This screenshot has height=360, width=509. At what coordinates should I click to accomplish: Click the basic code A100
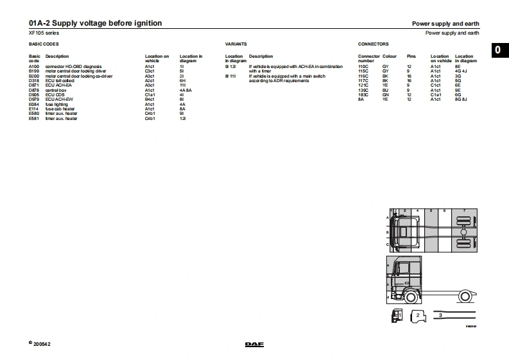(x=34, y=66)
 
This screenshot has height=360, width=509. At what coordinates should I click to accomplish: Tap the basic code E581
(x=34, y=119)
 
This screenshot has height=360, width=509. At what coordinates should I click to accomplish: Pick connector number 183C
(x=363, y=95)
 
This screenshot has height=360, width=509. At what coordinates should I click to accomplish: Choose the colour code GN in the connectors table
(x=385, y=95)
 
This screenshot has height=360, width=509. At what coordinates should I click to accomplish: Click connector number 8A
(x=361, y=99)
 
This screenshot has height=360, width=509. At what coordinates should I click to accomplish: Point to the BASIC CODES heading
(x=44, y=45)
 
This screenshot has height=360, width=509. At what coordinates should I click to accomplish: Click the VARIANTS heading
(x=236, y=45)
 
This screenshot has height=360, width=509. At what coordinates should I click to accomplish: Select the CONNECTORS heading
(x=373, y=45)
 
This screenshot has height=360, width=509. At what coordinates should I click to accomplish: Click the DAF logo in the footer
(x=254, y=345)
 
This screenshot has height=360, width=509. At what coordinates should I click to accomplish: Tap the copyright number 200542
(x=42, y=344)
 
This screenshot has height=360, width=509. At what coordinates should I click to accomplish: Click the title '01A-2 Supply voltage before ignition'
(x=96, y=24)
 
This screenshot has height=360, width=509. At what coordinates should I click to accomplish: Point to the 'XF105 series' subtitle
(x=44, y=32)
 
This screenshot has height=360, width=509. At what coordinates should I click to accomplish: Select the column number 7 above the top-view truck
(x=464, y=210)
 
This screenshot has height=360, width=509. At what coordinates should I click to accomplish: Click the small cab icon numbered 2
(x=418, y=316)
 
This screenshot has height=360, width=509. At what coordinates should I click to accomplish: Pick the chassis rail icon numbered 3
(x=454, y=316)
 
